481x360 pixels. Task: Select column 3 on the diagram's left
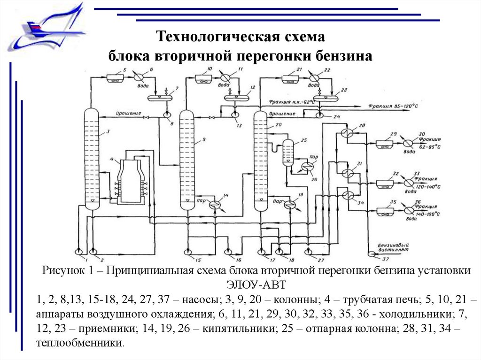pos(92,157)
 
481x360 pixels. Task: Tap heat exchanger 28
pos(348,133)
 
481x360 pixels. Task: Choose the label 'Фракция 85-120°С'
pos(393,107)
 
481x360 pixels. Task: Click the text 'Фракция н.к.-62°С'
pos(292,101)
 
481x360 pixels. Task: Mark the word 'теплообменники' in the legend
pos(79,343)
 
